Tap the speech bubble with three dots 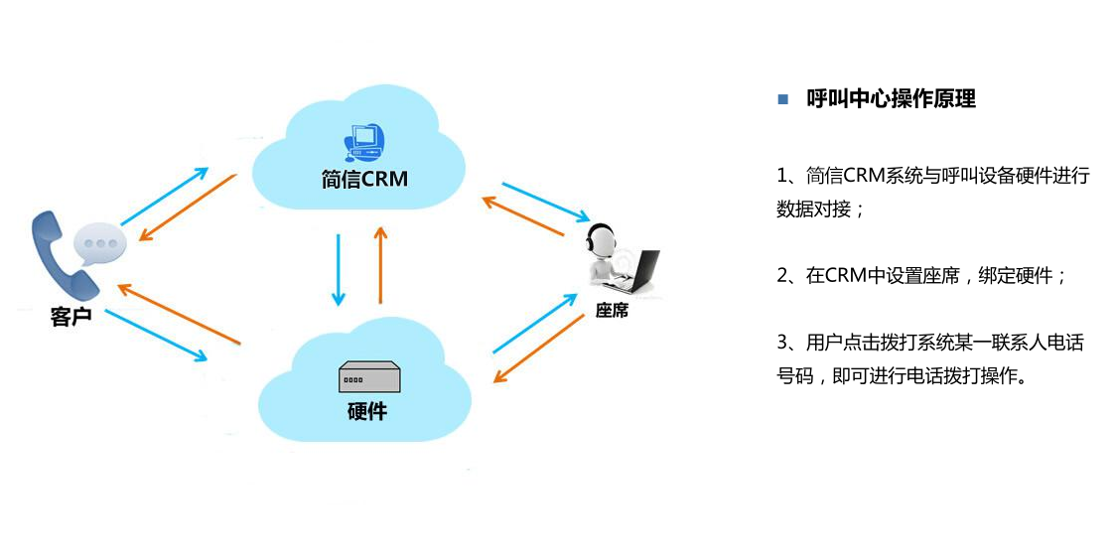point(100,240)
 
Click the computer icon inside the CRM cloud point(363,141)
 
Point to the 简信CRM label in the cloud point(364,180)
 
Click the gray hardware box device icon point(367,377)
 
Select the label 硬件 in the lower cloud point(367,410)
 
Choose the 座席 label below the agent point(612,311)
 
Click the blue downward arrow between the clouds point(339,269)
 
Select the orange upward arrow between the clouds point(380,264)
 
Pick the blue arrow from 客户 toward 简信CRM point(164,196)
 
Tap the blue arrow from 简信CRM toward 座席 point(545,202)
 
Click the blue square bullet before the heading point(782,99)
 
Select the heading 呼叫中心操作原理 point(891,99)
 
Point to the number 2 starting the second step point(782,276)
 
